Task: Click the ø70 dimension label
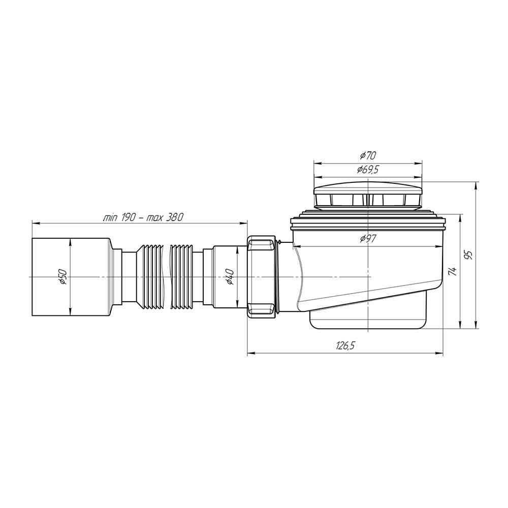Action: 368,156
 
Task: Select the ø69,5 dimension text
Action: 368,170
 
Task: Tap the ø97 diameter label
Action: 368,239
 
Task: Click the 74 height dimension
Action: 453,271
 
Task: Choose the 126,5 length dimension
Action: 345,345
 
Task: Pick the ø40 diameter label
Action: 230,277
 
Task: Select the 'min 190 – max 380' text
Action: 143,217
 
